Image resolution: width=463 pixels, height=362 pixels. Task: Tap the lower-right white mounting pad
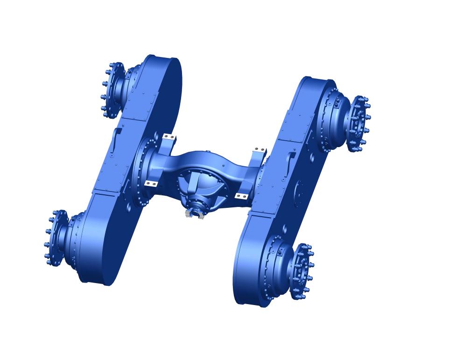tap(241, 196)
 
